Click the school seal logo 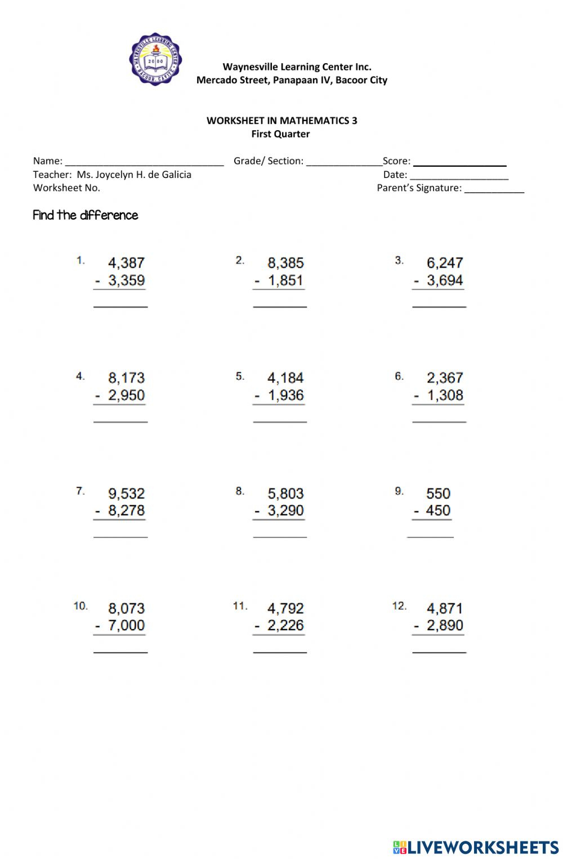click(x=155, y=59)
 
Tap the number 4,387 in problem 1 click(x=126, y=263)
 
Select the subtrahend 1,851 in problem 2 click(x=285, y=281)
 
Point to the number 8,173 click(x=126, y=378)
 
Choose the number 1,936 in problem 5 click(x=285, y=395)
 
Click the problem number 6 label click(x=399, y=376)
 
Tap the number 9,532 click(x=126, y=494)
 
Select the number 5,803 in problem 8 click(x=285, y=494)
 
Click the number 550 click(x=438, y=494)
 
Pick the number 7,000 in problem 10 click(x=126, y=626)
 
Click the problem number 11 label click(x=240, y=606)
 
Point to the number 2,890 click(x=445, y=626)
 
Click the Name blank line click(x=144, y=164)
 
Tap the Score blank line click(x=459, y=164)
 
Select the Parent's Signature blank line click(x=494, y=191)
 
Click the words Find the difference click(x=85, y=215)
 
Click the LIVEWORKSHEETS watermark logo click(x=476, y=847)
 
